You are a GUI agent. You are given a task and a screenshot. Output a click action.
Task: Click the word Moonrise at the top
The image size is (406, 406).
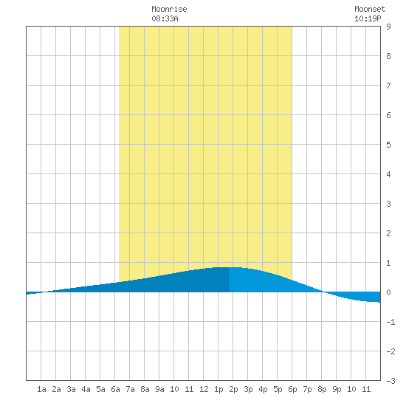coord(169,9)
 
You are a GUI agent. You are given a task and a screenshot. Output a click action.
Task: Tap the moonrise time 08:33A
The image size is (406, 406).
coord(165,18)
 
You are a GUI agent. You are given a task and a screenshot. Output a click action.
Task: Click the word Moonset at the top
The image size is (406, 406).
coord(370,9)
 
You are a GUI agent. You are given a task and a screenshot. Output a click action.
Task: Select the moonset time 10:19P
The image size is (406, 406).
coord(368,18)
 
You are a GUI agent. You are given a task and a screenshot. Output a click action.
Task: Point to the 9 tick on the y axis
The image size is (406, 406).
coord(388,27)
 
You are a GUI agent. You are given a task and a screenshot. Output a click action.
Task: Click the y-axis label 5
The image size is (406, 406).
coord(388,145)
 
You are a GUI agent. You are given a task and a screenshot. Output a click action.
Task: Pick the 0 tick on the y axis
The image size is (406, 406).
coord(388,292)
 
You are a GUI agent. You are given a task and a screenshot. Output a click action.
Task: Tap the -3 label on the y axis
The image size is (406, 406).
coord(390,381)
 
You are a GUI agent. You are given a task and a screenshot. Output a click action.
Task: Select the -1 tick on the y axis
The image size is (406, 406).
coord(390,322)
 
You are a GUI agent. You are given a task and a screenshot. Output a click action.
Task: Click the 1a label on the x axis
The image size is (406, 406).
coord(41,389)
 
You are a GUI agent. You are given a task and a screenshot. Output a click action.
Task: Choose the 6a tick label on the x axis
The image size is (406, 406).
coord(115,389)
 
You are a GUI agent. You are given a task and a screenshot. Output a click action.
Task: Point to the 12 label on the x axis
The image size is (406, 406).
coord(204,389)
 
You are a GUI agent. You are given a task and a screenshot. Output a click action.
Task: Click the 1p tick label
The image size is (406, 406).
coord(219,389)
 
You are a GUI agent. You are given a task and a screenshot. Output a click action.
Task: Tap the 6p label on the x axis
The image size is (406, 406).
coord(292,389)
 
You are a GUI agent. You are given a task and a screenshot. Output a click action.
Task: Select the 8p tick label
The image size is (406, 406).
coord(322,389)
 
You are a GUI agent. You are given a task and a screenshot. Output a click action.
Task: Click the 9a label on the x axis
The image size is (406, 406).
coord(159,389)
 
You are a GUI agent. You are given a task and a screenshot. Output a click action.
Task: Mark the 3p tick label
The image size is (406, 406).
coord(248,389)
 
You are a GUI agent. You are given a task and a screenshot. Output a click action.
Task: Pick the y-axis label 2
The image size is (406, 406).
coord(388,233)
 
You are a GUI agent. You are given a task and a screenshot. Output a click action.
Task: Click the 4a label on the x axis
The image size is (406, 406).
coord(86,389)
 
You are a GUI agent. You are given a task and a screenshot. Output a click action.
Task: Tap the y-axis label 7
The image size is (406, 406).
coord(388,86)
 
